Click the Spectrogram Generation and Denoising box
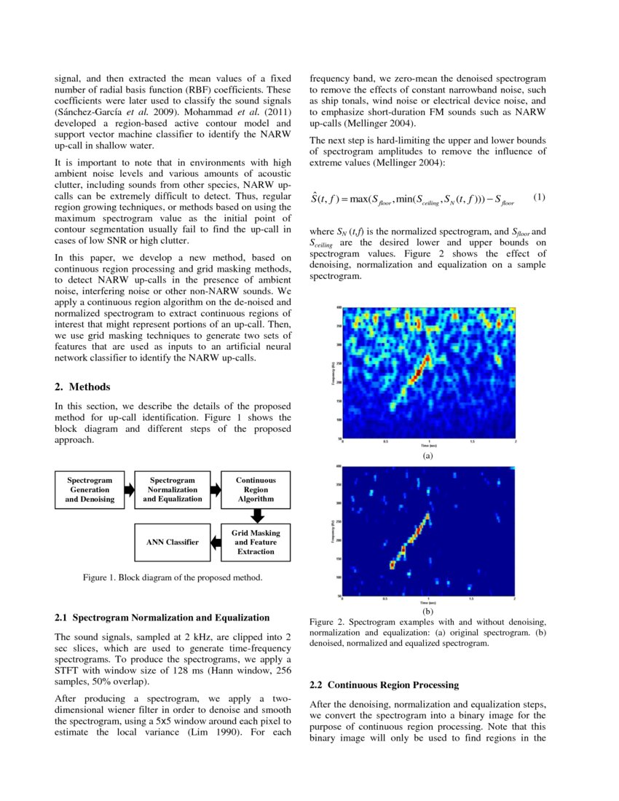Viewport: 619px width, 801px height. [x=90, y=490]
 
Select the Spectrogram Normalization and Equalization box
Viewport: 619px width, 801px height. [x=173, y=490]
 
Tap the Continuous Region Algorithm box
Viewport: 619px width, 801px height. [x=256, y=490]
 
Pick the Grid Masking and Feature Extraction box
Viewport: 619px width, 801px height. [x=256, y=542]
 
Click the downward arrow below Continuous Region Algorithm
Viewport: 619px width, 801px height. [x=256, y=516]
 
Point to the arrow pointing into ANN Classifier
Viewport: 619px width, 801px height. [x=215, y=542]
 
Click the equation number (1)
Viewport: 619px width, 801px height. [x=539, y=197]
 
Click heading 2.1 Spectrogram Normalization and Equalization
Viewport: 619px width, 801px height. [x=162, y=617]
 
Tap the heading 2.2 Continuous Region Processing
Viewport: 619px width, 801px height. [x=384, y=684]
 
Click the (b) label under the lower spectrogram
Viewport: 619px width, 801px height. [x=427, y=612]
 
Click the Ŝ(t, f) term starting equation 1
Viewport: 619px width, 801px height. [x=328, y=198]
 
